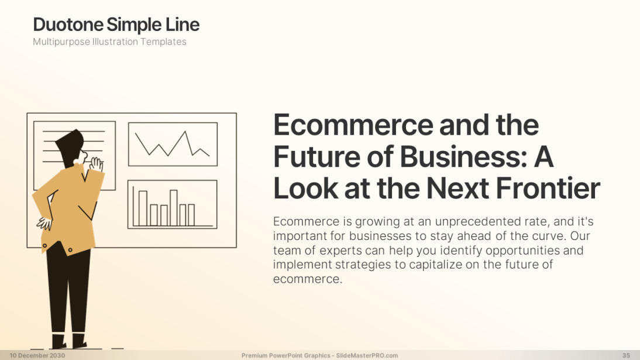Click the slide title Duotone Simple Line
[x=116, y=25]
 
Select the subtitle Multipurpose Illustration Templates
[x=109, y=42]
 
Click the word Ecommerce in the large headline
[x=353, y=125]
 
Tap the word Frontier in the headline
[x=548, y=188]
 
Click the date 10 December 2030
[x=37, y=355]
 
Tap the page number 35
[x=626, y=355]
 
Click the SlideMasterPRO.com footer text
[x=367, y=355]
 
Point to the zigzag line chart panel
[x=173, y=144]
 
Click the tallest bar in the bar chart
[x=174, y=208]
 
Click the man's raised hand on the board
[x=97, y=164]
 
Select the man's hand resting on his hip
[x=44, y=224]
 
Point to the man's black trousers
[x=68, y=290]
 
